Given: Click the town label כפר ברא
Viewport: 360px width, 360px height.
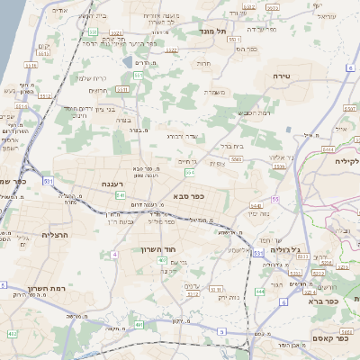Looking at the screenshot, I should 320,301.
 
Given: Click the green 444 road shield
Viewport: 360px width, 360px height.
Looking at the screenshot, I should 259,292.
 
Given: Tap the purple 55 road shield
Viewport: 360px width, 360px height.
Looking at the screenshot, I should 274,197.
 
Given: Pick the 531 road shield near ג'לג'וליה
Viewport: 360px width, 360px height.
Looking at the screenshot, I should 259,255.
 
